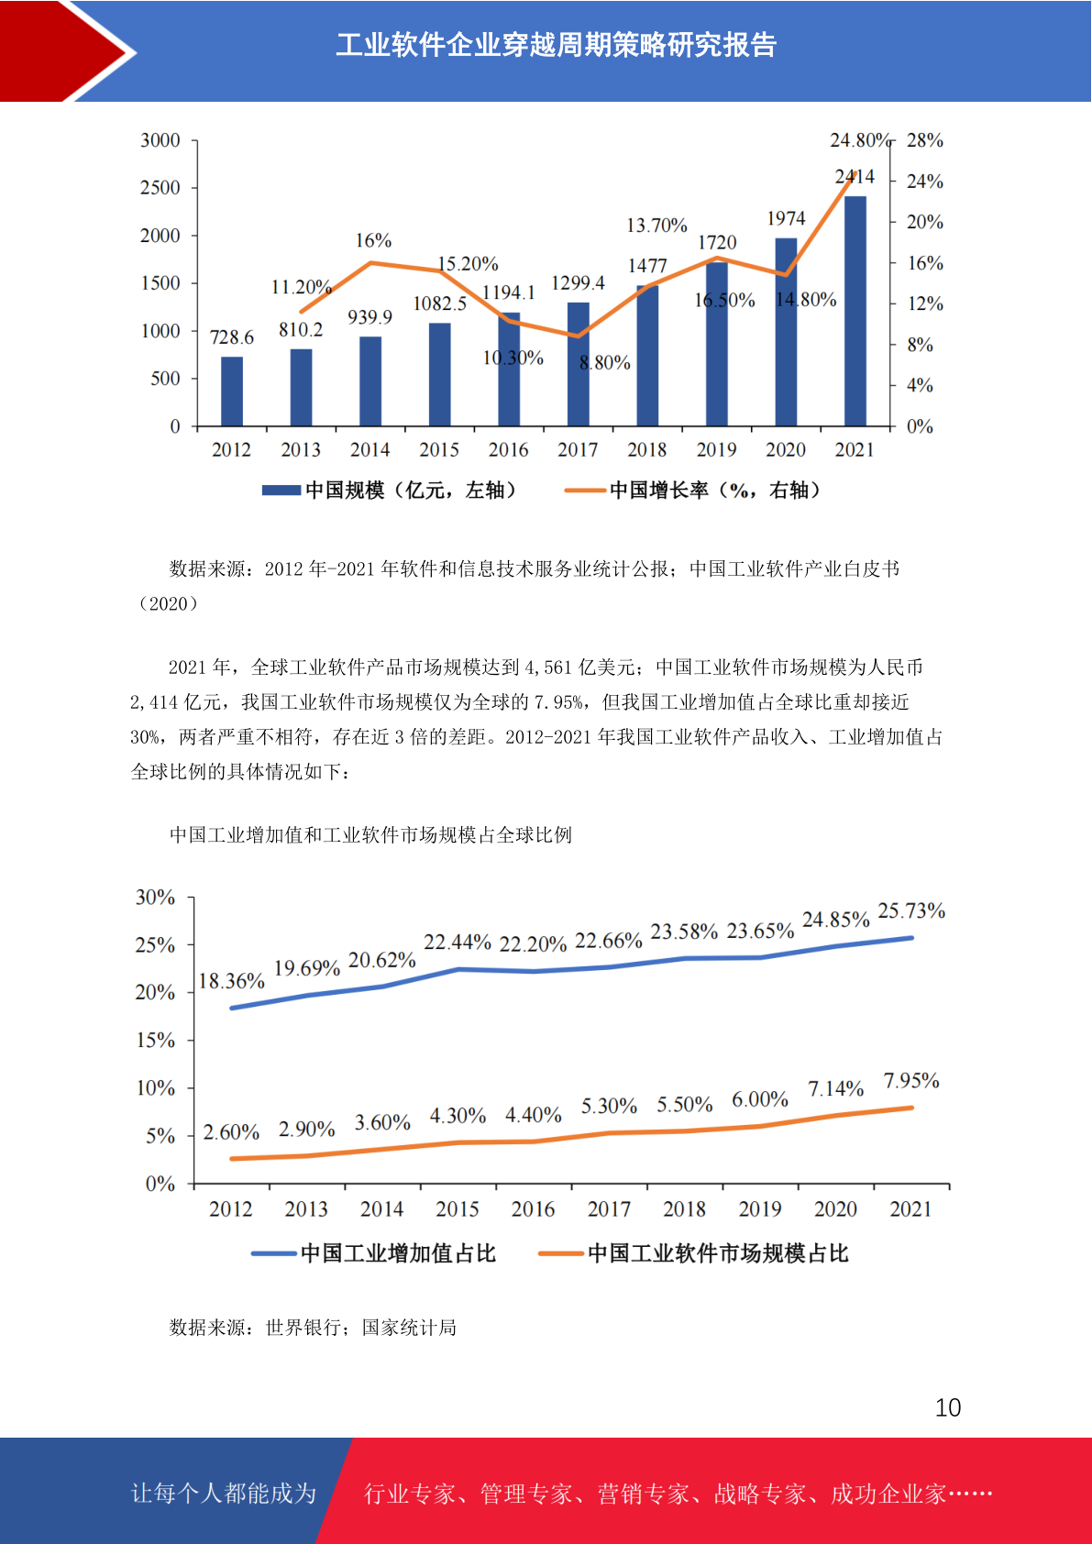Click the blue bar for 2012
point(232,391)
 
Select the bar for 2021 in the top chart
point(855,311)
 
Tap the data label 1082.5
point(440,303)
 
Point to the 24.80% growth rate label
point(860,140)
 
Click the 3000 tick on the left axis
point(160,140)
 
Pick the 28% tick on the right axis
point(924,140)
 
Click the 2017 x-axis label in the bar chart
point(578,449)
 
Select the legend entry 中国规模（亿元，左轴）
point(390,491)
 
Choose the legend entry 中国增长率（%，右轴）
point(693,491)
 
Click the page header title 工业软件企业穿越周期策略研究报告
point(557,45)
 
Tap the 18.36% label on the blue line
point(232,981)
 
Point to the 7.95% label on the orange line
point(911,1081)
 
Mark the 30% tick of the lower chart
point(155,898)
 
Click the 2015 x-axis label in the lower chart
point(458,1209)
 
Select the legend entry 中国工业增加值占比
point(374,1253)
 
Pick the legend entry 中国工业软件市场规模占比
point(693,1253)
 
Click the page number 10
point(948,1407)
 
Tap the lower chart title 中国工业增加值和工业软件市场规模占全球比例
point(370,835)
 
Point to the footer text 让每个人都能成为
point(224,1493)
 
